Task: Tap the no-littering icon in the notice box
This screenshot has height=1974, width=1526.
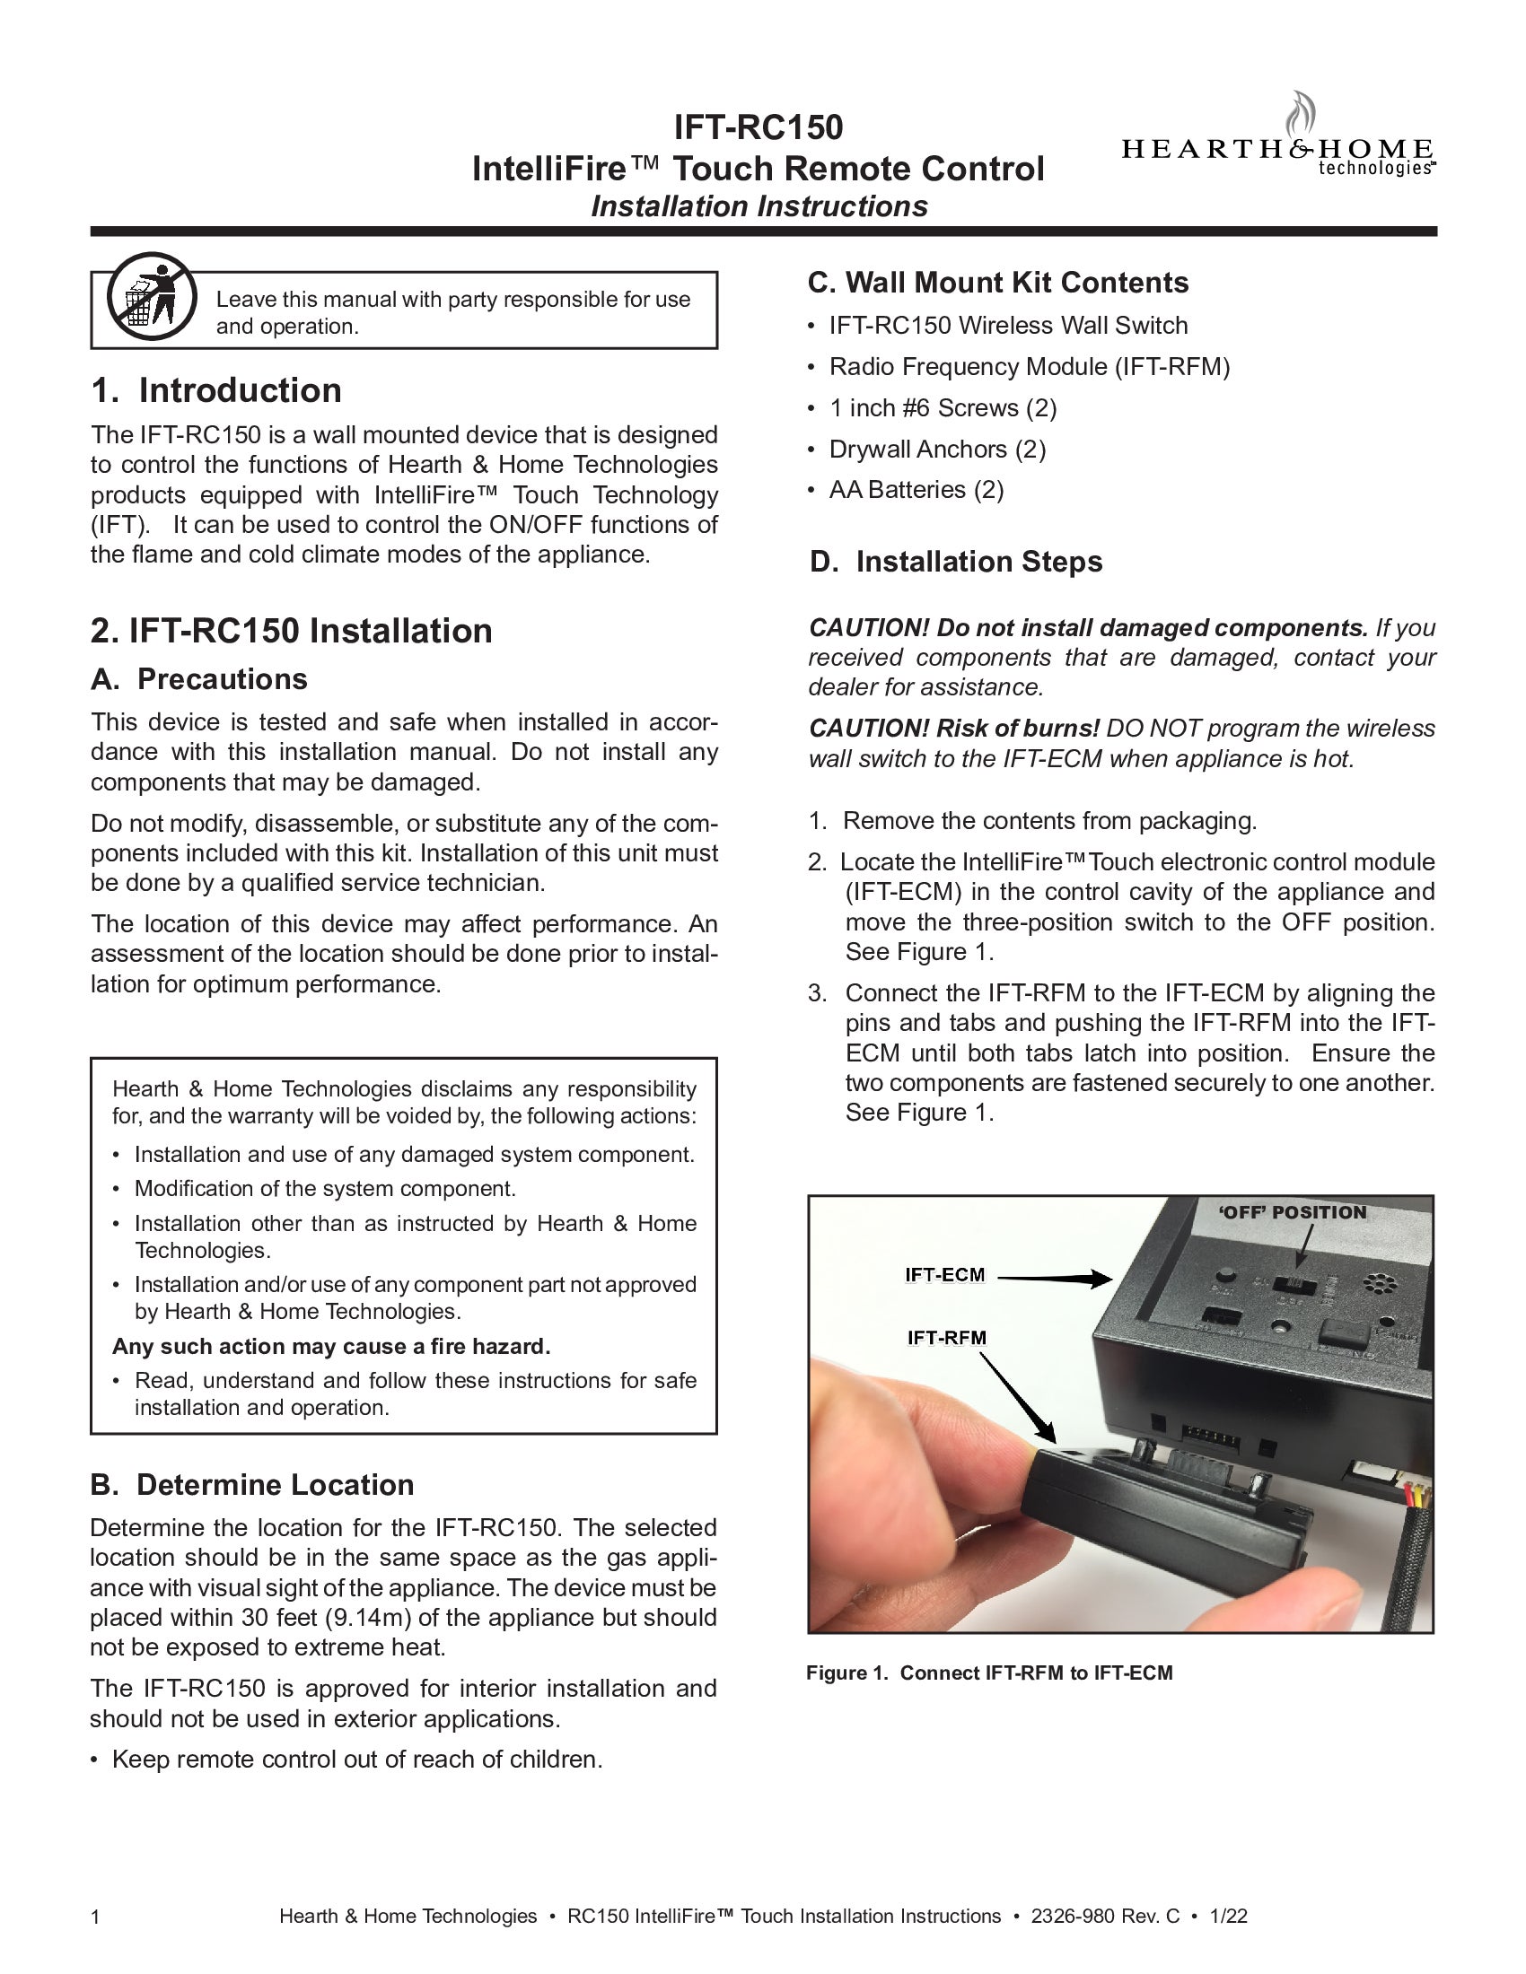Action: [151, 295]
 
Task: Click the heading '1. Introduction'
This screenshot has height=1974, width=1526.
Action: [216, 390]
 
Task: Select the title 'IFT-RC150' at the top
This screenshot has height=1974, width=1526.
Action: [759, 127]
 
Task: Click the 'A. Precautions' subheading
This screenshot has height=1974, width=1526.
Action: [199, 679]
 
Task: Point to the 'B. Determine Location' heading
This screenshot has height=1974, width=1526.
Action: [252, 1484]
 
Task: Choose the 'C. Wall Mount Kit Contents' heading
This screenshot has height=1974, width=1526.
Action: [998, 282]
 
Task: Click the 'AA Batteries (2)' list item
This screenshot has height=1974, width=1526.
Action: [916, 489]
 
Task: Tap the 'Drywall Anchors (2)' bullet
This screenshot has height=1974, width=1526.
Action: [936, 449]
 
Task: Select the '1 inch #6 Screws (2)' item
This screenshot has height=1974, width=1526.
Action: [942, 407]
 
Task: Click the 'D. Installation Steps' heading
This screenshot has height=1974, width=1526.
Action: [957, 562]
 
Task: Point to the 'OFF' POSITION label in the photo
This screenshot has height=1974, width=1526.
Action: [1292, 1213]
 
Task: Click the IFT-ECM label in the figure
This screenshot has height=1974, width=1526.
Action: [944, 1275]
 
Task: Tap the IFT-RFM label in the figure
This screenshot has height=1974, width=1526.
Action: [946, 1338]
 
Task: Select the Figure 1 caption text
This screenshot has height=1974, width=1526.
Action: [989, 1673]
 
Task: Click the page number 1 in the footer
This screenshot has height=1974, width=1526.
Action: [96, 1917]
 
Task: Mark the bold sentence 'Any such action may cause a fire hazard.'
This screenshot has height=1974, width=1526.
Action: [331, 1346]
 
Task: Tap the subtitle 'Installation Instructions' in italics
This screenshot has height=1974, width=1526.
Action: [759, 206]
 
